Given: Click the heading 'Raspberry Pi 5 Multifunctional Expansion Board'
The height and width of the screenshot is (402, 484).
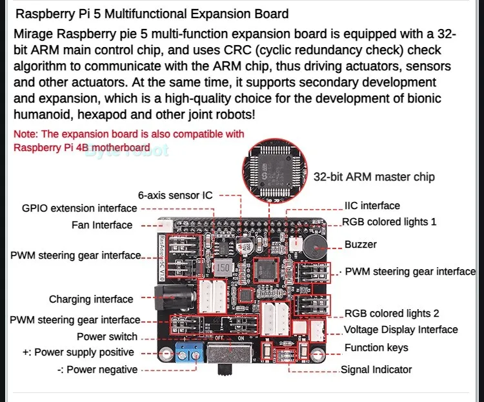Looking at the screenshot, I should pos(152,14).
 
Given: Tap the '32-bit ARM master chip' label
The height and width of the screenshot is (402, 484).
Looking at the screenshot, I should pos(374,177).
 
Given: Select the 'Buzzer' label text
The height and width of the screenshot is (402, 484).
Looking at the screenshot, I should pos(361,245).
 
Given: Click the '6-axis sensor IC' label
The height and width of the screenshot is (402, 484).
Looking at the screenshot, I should pos(175,194).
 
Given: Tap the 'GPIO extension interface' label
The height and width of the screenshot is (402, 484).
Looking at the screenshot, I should pos(79,208).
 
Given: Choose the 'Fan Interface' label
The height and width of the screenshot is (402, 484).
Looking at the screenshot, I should pos(102,225).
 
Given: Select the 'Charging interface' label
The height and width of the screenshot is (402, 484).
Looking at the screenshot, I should pos(91,299).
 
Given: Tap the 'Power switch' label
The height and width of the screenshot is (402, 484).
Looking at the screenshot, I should pos(107,336).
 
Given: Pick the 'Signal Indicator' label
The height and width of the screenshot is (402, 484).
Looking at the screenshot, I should pos(376,370).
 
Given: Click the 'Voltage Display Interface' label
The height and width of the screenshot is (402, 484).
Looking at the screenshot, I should pos(401,330).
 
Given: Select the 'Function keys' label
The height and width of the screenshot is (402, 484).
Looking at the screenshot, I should pos(376,348).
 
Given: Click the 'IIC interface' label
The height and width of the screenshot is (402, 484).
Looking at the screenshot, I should pos(372,206).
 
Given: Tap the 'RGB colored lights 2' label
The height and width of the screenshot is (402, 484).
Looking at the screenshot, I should pos(392,314).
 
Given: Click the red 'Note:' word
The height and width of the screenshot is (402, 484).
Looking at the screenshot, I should pos(26,134).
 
